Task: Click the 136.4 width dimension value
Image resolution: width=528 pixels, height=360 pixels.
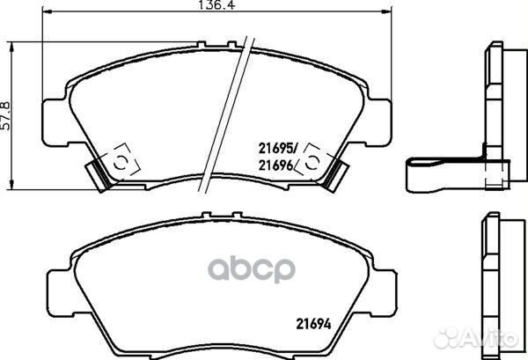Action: coord(216,4)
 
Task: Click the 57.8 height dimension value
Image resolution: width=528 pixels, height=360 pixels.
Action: coord(6,115)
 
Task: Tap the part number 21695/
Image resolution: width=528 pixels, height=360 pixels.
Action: coord(278,148)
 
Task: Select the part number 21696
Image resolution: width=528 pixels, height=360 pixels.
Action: coord(275,165)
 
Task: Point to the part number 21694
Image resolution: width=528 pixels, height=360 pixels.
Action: coord(313,324)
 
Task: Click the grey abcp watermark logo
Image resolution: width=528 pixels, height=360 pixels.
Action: coord(252,268)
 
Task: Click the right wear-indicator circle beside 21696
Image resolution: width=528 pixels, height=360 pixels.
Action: coord(312,163)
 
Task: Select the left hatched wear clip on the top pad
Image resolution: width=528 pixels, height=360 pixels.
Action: coord(99,175)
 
